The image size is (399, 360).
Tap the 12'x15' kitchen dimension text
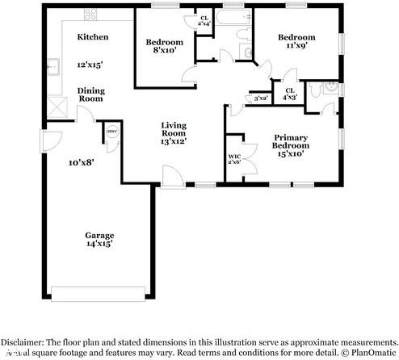[x=90, y=64]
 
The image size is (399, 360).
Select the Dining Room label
[x=90, y=94]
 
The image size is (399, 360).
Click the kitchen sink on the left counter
[x=54, y=67]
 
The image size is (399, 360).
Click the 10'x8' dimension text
[x=82, y=162]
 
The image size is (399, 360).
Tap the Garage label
[x=99, y=236]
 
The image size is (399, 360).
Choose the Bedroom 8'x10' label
[x=164, y=47]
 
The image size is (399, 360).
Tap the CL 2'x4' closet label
[x=204, y=21]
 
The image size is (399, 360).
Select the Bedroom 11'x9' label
[x=296, y=42]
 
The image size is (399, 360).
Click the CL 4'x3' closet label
[x=288, y=94]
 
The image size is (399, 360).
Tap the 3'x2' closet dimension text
[x=261, y=98]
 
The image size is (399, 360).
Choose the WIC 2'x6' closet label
[x=235, y=160]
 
